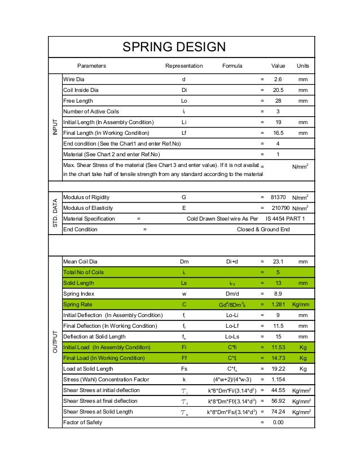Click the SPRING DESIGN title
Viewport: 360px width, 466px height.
[x=174, y=47]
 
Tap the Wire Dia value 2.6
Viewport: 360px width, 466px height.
[x=277, y=80]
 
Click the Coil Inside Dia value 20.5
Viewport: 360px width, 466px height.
[x=277, y=90]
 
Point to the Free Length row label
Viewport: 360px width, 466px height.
[x=80, y=100]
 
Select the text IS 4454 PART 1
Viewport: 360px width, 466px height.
[x=285, y=219]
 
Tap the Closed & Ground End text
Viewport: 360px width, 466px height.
[x=264, y=230]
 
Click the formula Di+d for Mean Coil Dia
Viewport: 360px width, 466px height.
[x=231, y=262]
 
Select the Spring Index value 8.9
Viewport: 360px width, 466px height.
[x=277, y=294]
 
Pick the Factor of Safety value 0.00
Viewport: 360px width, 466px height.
[x=278, y=423]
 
